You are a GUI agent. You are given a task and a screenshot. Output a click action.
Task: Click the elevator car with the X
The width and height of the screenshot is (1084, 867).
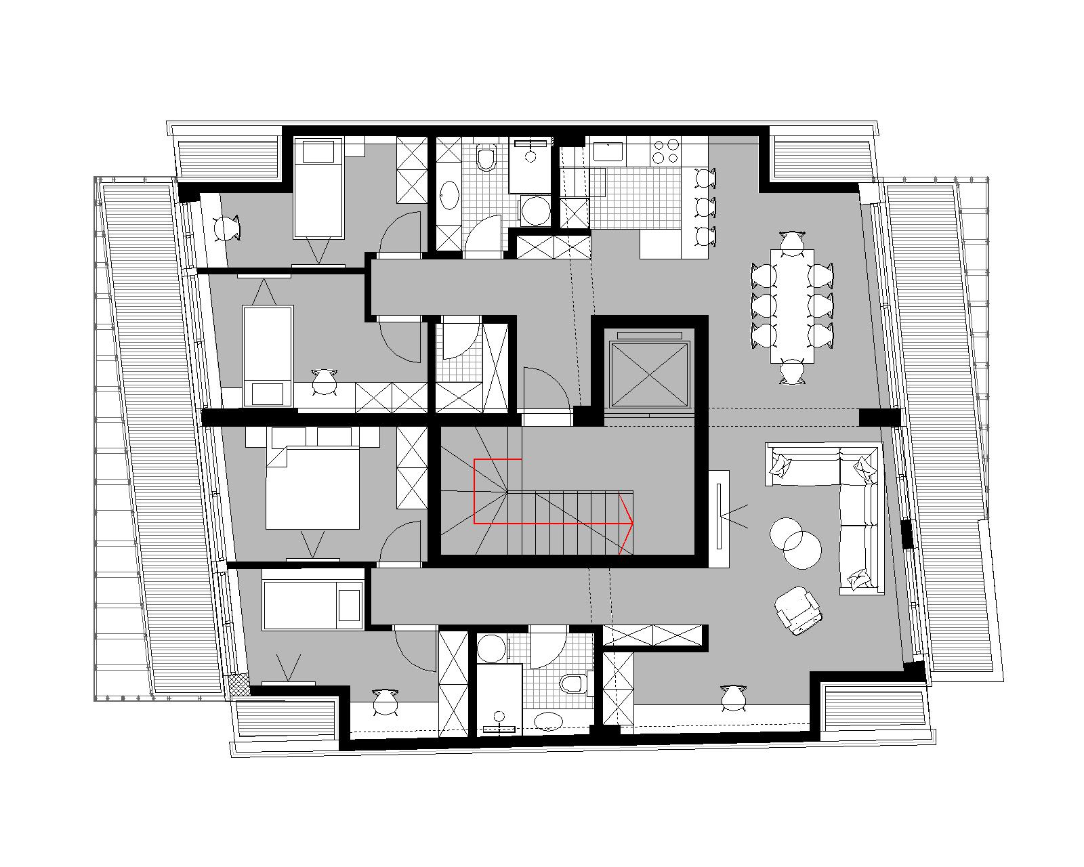pos(649,375)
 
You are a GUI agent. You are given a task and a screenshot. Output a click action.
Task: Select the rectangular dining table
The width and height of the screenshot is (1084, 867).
pos(792,305)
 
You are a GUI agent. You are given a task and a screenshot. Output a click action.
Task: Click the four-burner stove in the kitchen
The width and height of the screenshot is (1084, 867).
pos(665,151)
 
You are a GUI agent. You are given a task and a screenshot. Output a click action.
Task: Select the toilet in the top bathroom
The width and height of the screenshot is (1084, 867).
pos(486,158)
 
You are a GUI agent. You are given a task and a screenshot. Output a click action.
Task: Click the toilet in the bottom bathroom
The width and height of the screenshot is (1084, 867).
pos(572,683)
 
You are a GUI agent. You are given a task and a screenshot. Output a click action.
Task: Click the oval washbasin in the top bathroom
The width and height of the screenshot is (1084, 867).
pos(449,196)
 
